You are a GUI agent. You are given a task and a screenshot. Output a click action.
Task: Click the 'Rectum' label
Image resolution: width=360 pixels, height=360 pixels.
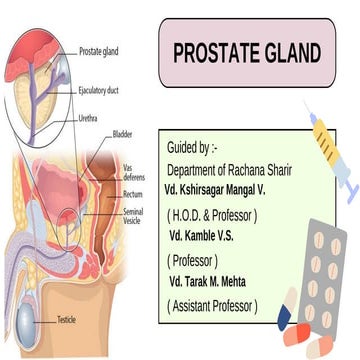133,194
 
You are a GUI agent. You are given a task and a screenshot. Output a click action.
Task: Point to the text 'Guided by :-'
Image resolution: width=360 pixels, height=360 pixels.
196,147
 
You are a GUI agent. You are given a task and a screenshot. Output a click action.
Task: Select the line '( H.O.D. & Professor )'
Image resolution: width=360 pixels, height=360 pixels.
213,214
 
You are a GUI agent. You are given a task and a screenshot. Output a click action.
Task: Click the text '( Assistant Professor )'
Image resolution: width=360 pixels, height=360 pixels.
214,305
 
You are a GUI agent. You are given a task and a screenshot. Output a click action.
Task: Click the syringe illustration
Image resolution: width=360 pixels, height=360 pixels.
328,151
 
